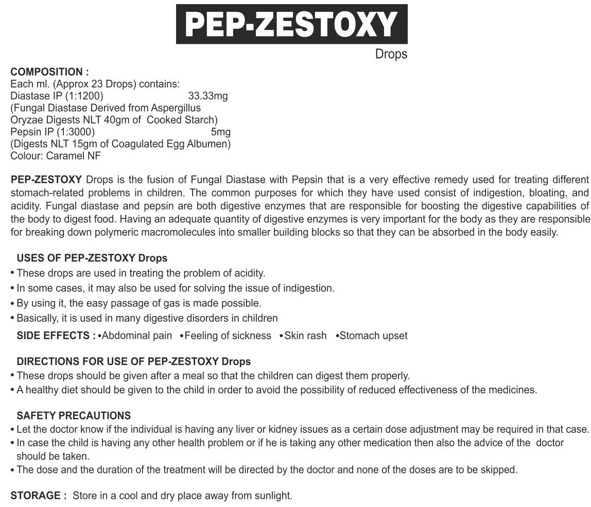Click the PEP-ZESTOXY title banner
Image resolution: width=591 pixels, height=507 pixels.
point(292,24)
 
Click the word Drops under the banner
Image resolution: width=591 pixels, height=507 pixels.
point(391,54)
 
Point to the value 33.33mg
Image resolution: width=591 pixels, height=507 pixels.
point(208,96)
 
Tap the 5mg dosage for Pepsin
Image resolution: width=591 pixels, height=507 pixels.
point(221,132)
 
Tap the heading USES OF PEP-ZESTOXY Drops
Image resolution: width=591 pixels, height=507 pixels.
point(92,258)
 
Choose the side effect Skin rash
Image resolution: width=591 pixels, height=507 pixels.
point(305,336)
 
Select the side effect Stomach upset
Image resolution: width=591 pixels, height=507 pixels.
point(373,336)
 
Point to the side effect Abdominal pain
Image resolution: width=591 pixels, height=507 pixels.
point(137,336)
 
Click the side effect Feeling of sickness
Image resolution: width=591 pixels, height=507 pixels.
point(228,336)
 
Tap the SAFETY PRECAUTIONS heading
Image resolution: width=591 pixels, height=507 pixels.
point(74,415)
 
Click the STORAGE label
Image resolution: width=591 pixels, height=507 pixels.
point(38,496)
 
